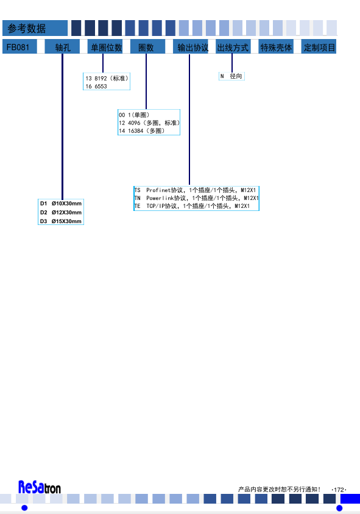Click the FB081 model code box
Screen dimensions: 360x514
[19, 46]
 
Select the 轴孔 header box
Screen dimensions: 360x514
[62, 46]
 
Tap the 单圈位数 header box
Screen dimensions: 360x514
[105, 46]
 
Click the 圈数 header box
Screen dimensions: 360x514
[148, 46]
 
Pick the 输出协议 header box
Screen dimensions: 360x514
[191, 46]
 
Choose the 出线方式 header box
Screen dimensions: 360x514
[233, 46]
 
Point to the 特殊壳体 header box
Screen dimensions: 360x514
[276, 46]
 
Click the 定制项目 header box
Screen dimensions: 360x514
[319, 46]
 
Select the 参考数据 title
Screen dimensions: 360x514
[27, 29]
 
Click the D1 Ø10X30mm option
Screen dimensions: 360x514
[61, 204]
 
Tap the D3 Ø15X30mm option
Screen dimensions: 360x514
[61, 221]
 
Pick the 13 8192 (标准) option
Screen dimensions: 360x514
[107, 78]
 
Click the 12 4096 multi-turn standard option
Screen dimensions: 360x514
[149, 123]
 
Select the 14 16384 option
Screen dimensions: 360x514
[142, 131]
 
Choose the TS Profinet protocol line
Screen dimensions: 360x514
[196, 190]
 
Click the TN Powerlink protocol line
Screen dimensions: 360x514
[197, 198]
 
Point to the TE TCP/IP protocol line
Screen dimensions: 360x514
[192, 206]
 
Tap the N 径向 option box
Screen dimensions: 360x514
[231, 76]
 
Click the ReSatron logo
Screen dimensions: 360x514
[40, 487]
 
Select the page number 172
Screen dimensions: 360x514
[339, 490]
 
